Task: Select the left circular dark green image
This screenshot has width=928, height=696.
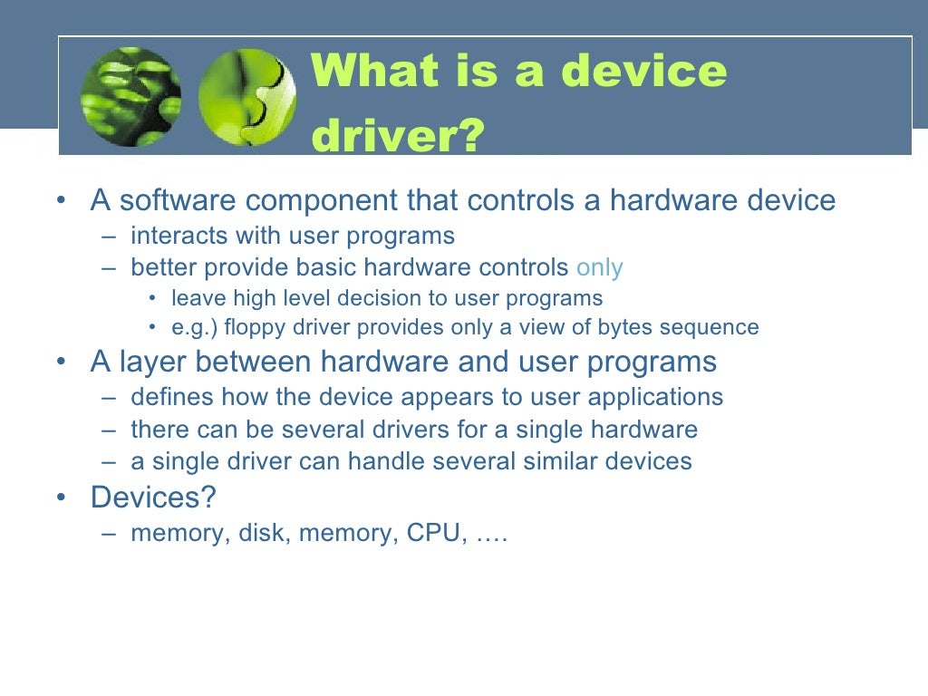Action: pyautogui.click(x=130, y=98)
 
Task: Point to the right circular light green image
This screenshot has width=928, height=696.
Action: pyautogui.click(x=246, y=98)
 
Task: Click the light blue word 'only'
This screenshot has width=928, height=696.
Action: pyautogui.click(x=600, y=267)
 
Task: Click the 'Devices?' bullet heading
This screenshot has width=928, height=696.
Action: pyautogui.click(x=154, y=498)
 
